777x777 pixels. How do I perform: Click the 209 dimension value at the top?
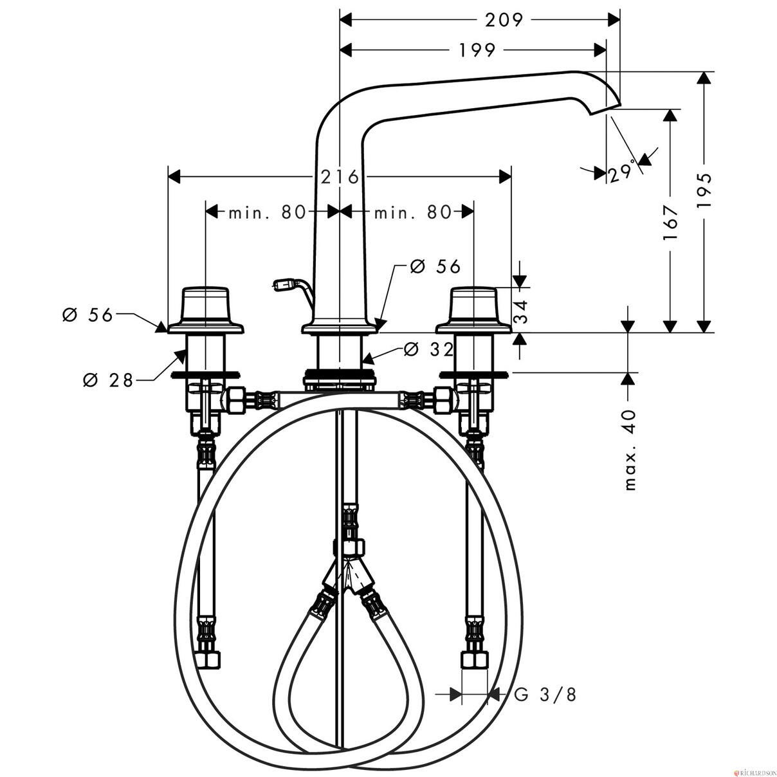[x=504, y=20]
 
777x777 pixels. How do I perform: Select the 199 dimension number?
[x=476, y=50]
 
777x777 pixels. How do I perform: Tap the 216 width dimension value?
[x=340, y=177]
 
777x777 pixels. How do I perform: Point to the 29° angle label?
[x=621, y=174]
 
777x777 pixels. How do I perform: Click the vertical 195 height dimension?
[x=704, y=191]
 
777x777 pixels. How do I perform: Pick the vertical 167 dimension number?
[x=670, y=223]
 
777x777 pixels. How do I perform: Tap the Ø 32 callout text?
[x=428, y=351]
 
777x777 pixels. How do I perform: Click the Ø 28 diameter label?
[x=107, y=379]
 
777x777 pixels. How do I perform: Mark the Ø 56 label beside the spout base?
[x=435, y=266]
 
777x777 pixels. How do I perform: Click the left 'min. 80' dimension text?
[x=268, y=212]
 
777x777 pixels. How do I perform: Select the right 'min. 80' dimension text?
[x=412, y=212]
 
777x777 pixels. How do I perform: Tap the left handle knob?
[x=205, y=304]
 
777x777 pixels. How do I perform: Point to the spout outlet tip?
[x=605, y=110]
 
